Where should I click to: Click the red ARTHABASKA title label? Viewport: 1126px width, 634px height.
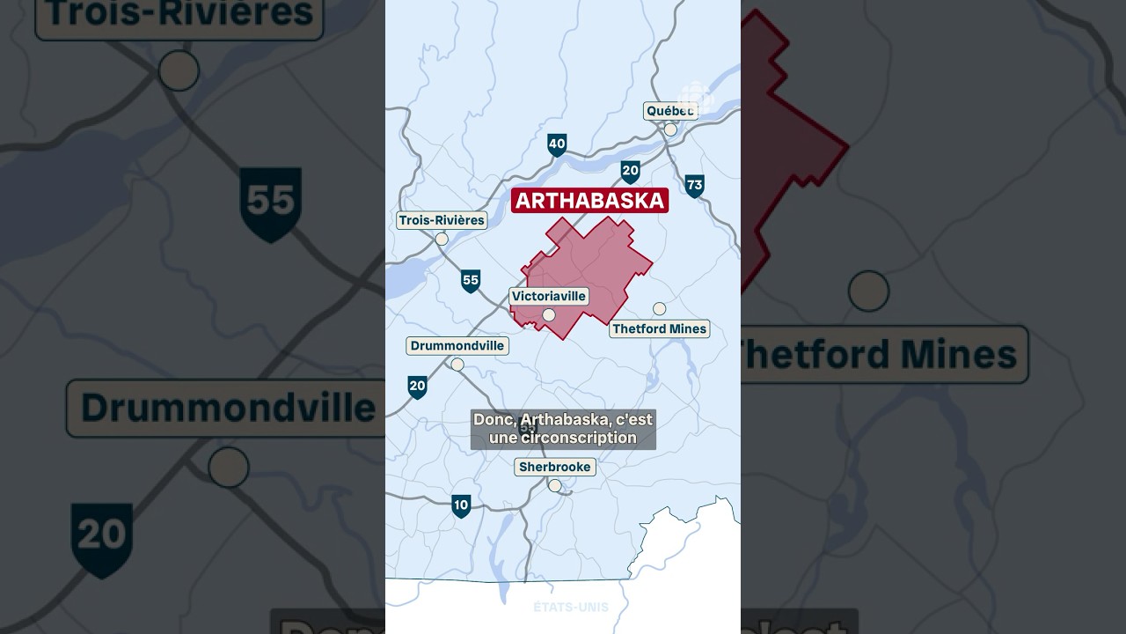(x=589, y=201)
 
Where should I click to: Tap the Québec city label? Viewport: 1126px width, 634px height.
(x=669, y=111)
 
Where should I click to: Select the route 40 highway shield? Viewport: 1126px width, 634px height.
(x=557, y=145)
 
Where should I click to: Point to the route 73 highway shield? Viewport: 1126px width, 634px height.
(x=695, y=185)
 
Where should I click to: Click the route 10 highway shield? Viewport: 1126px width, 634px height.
(x=461, y=505)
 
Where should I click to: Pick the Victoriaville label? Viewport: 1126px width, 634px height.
(x=549, y=297)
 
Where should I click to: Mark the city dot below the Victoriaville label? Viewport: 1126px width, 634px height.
(x=549, y=314)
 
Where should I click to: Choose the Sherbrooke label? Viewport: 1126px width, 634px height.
(x=555, y=467)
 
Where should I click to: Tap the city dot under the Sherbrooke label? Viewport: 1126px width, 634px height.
(x=554, y=485)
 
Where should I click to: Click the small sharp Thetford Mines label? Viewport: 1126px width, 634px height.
(x=659, y=328)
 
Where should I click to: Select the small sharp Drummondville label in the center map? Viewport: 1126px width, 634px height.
(x=457, y=346)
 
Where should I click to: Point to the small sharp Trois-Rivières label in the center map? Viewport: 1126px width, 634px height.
(x=442, y=220)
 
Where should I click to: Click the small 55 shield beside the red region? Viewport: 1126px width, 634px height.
(x=471, y=281)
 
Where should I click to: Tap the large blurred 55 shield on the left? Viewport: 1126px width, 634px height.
(x=271, y=203)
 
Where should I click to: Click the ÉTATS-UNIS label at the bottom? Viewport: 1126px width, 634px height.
(x=571, y=607)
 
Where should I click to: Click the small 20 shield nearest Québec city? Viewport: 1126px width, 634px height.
(x=630, y=171)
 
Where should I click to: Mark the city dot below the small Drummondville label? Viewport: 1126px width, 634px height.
(x=457, y=365)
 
